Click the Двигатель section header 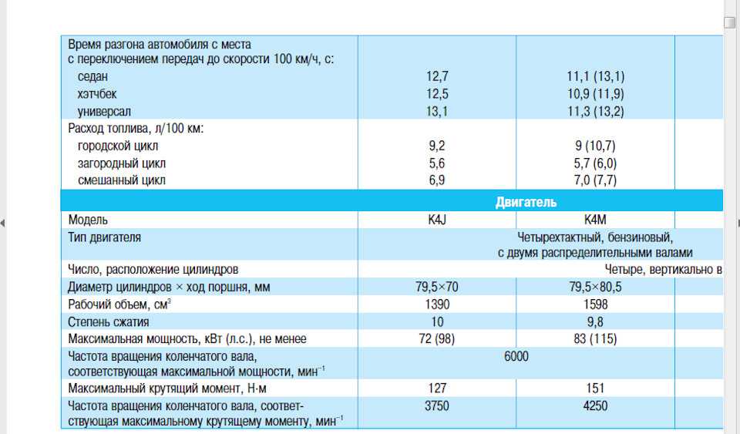pyautogui.click(x=525, y=203)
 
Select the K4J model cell pyautogui.click(x=437, y=220)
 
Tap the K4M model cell pyautogui.click(x=596, y=220)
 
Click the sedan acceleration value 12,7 pyautogui.click(x=437, y=76)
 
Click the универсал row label pyautogui.click(x=104, y=111)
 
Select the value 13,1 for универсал pyautogui.click(x=437, y=111)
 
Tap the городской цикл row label pyautogui.click(x=118, y=146)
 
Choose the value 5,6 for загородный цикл pyautogui.click(x=437, y=163)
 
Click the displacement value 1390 pyautogui.click(x=437, y=304)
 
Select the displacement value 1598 pyautogui.click(x=596, y=304)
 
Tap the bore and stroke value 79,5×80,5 pyautogui.click(x=596, y=288)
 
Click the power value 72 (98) pyautogui.click(x=437, y=338)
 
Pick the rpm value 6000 pyautogui.click(x=516, y=356)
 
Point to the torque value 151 pyautogui.click(x=596, y=389)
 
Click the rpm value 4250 pyautogui.click(x=596, y=405)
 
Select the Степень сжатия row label pyautogui.click(x=109, y=321)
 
